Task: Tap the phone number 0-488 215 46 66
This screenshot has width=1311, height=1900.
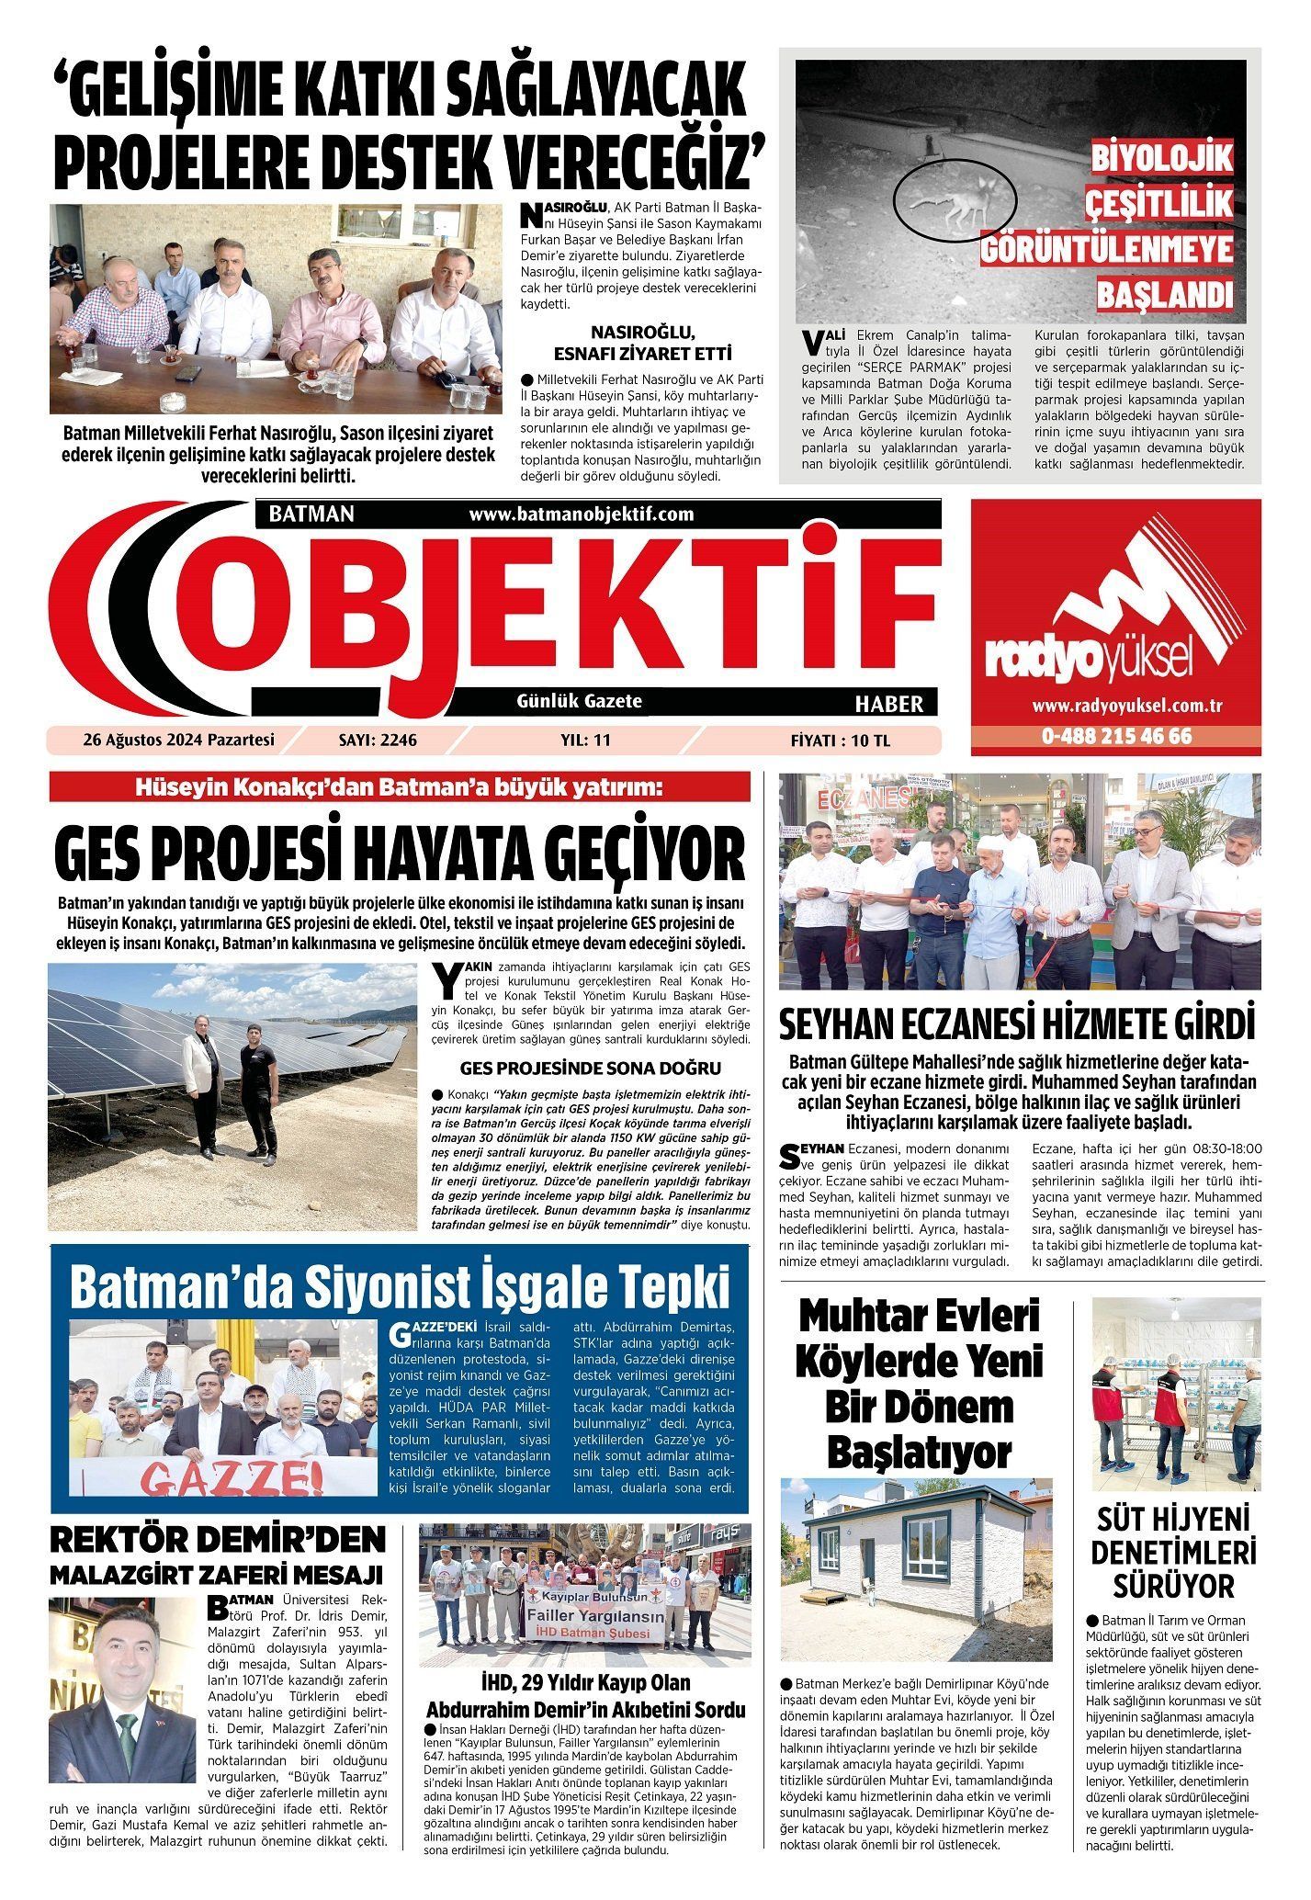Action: tap(1116, 737)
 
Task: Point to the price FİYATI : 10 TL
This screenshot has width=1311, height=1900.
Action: tap(840, 741)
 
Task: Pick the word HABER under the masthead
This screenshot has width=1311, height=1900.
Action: tap(888, 705)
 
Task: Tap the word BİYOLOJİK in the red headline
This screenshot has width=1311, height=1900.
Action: tap(1161, 157)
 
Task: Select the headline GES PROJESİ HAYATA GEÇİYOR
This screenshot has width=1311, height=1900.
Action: tap(400, 854)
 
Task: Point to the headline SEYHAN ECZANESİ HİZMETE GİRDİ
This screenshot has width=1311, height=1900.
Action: tap(1017, 1024)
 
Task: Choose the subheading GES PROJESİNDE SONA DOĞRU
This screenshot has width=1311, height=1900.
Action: tap(590, 1069)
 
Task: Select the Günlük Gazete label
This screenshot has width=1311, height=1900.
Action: tap(580, 701)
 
